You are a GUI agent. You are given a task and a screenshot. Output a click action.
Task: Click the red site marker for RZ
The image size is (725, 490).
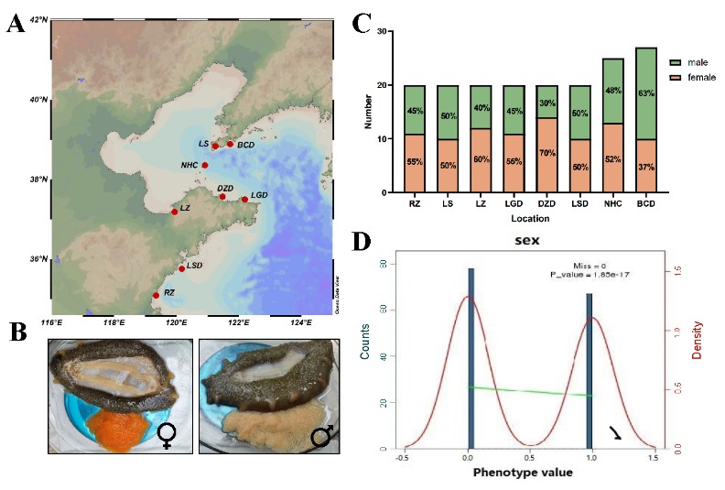pos(157,295)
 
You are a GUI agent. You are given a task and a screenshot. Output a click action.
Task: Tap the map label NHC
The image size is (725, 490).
pos(189,166)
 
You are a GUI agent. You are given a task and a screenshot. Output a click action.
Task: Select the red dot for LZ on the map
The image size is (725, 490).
pos(175,212)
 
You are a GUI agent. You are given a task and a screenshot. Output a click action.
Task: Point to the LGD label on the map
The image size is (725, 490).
pos(259,195)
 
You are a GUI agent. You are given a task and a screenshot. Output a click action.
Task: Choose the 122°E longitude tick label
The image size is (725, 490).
pos(239,322)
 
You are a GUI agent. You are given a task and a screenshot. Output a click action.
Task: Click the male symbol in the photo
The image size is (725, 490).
pos(321,436)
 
